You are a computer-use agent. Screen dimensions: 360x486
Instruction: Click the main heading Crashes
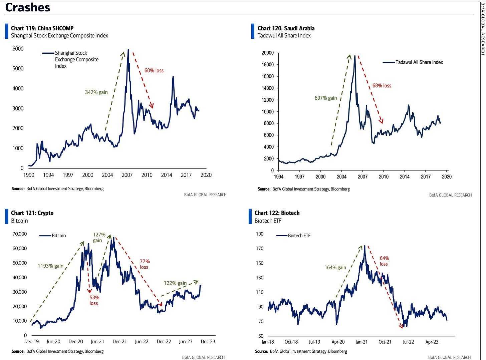pos(28,7)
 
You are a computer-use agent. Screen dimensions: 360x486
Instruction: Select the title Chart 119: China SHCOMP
pos(42,28)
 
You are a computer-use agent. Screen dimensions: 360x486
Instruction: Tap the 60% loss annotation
pos(154,70)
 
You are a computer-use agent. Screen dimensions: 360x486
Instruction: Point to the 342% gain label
pos(96,92)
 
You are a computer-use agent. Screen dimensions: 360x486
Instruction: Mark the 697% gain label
pos(325,98)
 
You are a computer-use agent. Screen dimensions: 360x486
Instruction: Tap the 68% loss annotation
pos(382,86)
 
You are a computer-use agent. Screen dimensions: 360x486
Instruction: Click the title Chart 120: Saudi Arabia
pos(286,28)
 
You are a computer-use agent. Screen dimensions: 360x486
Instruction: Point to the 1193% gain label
pos(50,266)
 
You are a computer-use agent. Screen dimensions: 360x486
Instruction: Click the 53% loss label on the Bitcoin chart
pos(94,300)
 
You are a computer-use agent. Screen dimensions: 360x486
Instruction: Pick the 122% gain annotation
pos(175,283)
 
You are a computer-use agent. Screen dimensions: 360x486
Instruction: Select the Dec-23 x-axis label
pos(208,341)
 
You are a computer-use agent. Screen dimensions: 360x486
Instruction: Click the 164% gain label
pos(335,268)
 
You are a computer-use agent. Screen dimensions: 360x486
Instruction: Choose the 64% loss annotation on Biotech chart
pos(384,261)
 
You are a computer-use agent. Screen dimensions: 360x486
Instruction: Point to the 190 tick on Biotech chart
pos(259,234)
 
